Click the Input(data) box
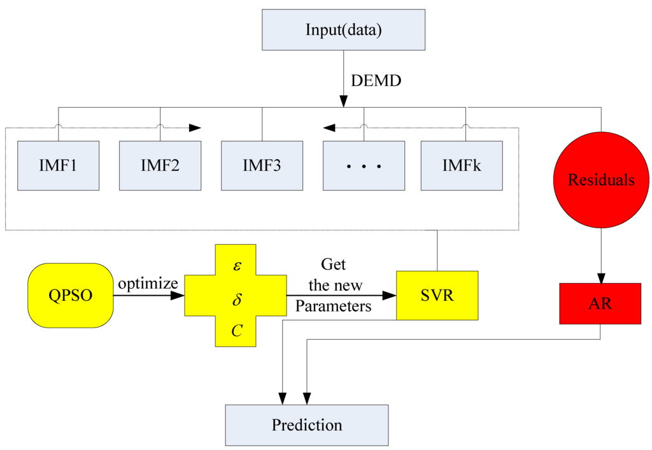point(344,30)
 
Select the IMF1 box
point(58,165)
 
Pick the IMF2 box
point(160,165)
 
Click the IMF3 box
point(262,165)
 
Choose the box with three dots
point(364,165)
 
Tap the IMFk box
point(462,165)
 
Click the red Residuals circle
point(601,180)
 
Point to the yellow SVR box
point(437,296)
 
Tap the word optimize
point(146,283)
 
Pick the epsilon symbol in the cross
point(236,265)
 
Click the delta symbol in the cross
point(236,298)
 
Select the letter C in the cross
point(236,331)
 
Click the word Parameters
point(333,306)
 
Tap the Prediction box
point(307,425)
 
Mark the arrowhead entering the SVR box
point(390,296)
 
